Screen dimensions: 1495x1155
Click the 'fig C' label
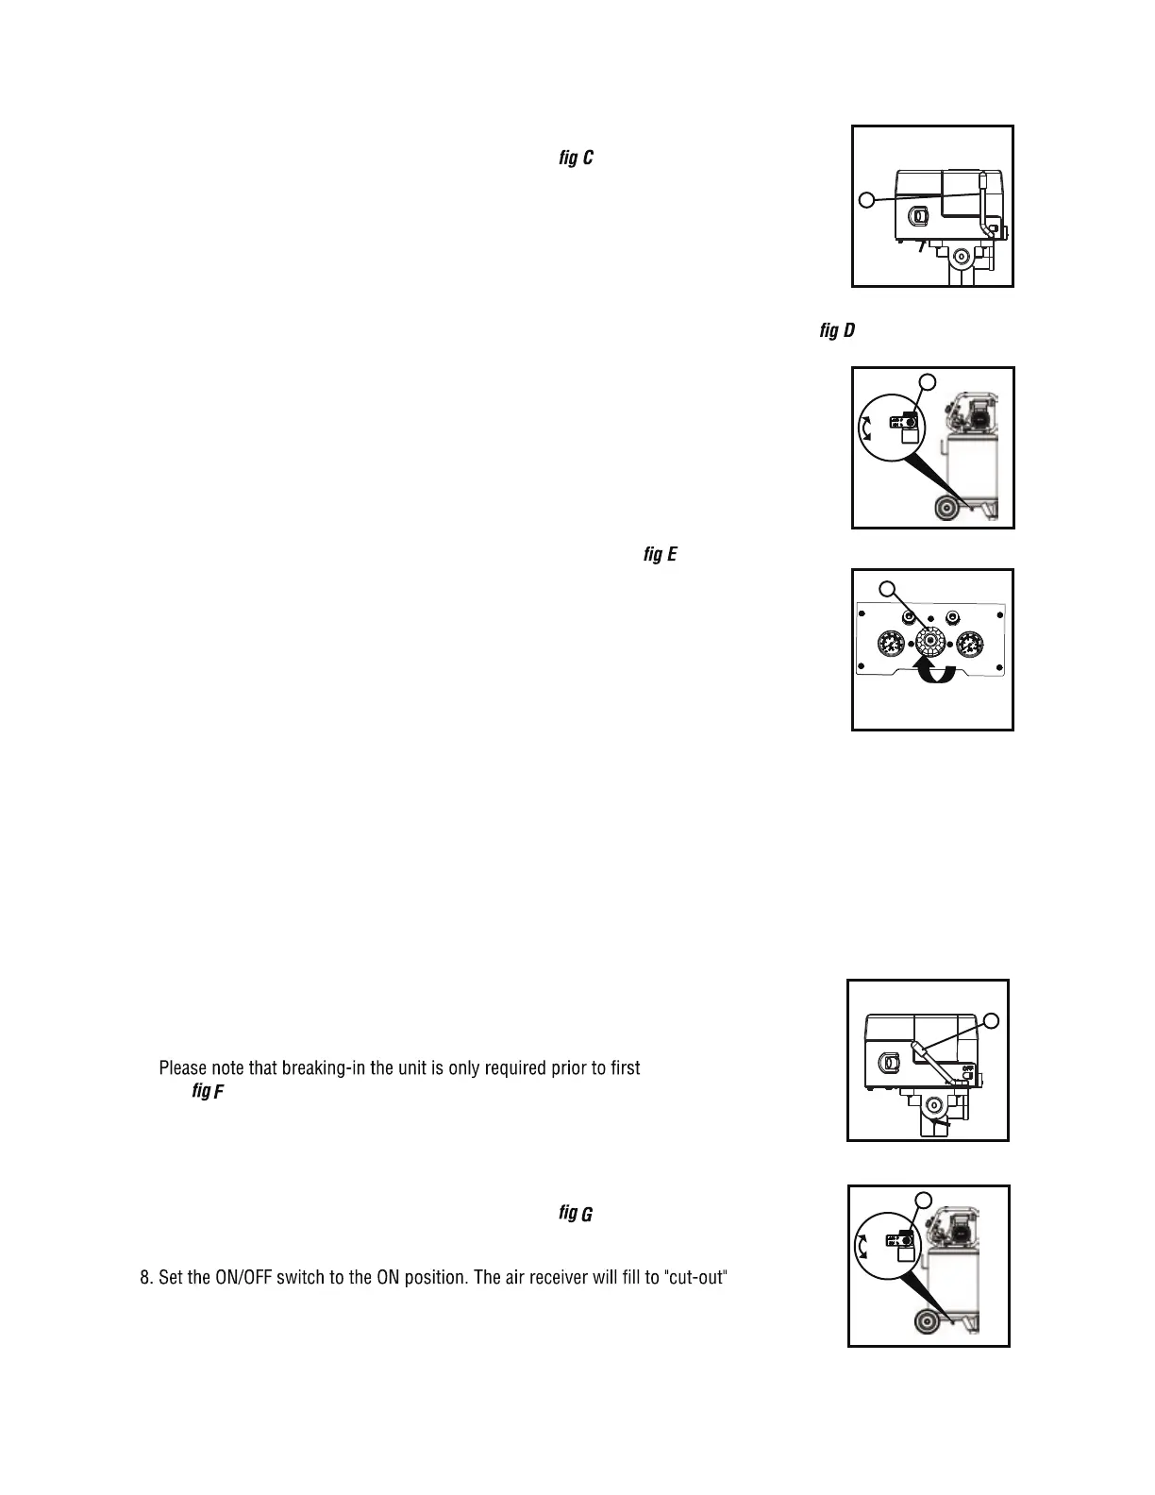pyautogui.click(x=575, y=158)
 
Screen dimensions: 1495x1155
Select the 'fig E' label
pyautogui.click(x=660, y=554)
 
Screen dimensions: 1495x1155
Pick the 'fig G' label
pyautogui.click(x=576, y=1213)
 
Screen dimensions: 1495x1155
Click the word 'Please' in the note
pyautogui.click(x=182, y=1068)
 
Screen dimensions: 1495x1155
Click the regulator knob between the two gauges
pyautogui.click(x=931, y=643)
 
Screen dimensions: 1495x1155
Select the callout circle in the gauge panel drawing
pyautogui.click(x=886, y=589)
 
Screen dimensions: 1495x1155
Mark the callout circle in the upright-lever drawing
pyautogui.click(x=866, y=199)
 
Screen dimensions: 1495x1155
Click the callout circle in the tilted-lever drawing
pyautogui.click(x=991, y=1019)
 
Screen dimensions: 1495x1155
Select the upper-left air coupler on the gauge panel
pyautogui.click(x=909, y=616)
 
